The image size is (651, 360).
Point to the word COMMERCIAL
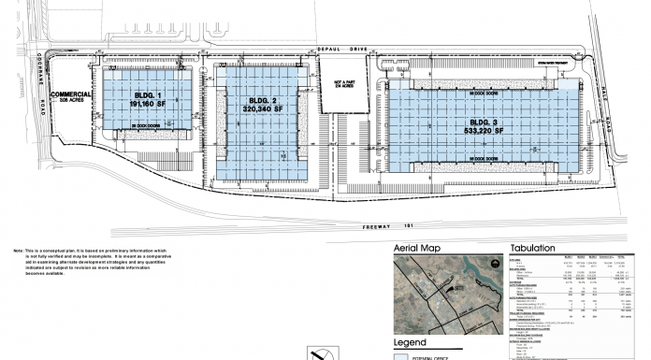70,94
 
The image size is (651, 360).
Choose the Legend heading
412,341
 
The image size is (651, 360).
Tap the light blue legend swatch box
402,356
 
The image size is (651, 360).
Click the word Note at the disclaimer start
19,251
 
